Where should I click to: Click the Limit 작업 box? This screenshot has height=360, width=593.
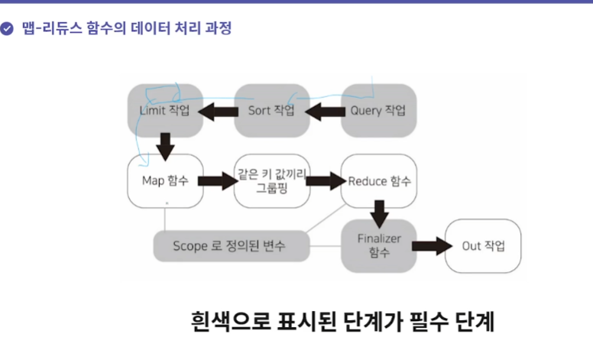coord(164,111)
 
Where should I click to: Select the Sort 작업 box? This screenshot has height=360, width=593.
coord(271,111)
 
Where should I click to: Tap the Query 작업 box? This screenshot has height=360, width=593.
coord(378,111)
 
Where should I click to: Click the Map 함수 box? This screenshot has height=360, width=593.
coord(164,181)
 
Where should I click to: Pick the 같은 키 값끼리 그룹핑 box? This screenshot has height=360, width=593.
coord(271,181)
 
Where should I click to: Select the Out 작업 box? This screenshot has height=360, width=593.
coord(482,245)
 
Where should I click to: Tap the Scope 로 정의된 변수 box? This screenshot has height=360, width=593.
coord(230,246)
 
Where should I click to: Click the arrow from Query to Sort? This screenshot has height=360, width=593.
coord(325,112)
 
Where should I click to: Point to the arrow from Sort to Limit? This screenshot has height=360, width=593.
coord(218,112)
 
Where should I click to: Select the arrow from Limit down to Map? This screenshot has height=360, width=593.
coord(164,145)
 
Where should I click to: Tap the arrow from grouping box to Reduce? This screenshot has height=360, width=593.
coord(325,182)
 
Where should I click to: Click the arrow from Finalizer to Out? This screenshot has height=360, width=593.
coord(431,246)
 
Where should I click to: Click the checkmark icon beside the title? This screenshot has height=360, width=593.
coord(8,29)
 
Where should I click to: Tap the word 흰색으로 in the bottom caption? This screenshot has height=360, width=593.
coord(226,321)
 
